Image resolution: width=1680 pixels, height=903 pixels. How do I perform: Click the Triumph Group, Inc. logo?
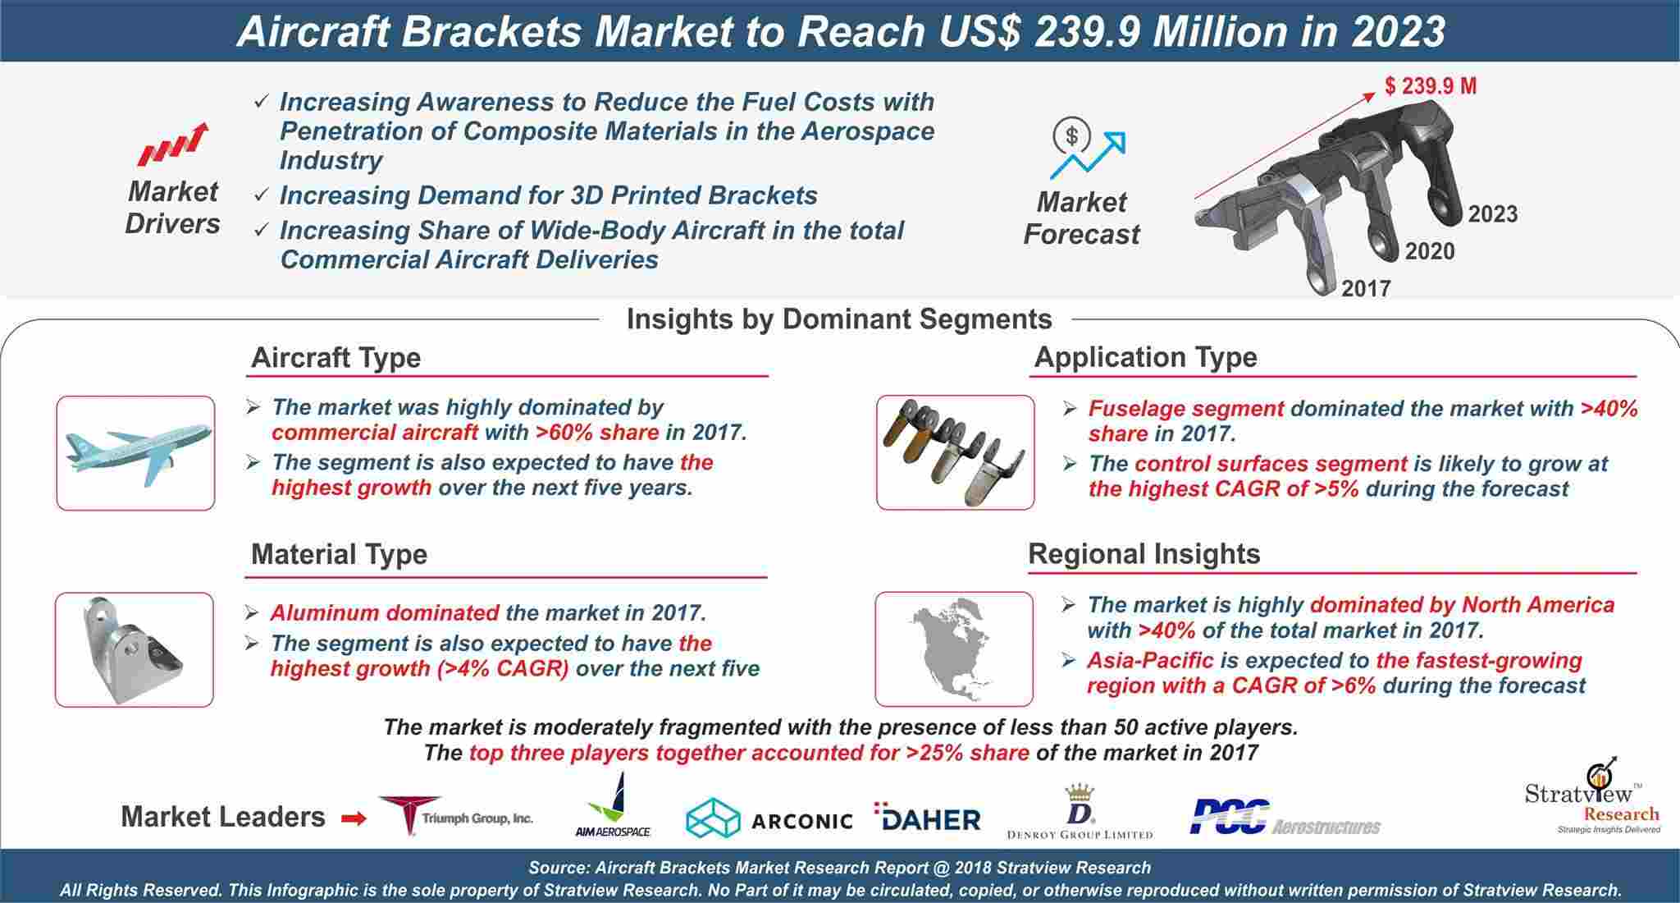(455, 815)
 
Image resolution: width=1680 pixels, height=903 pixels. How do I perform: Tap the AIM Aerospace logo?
(613, 804)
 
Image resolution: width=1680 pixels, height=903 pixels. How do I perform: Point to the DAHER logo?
(928, 818)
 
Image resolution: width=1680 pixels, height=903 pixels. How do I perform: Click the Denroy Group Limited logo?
(1080, 812)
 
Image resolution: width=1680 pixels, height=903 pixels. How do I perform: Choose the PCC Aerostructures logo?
(1285, 818)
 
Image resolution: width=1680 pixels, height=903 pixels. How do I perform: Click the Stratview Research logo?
(1592, 796)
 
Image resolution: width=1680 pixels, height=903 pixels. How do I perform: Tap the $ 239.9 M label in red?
(1431, 85)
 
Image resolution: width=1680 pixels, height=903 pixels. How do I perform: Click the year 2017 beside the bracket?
(1366, 288)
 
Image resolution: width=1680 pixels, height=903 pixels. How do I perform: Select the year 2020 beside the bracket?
(1430, 251)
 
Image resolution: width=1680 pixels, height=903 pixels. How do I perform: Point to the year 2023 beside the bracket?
(1493, 214)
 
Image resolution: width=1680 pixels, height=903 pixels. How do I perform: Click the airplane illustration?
(137, 452)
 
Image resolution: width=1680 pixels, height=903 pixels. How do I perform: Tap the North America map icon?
(954, 648)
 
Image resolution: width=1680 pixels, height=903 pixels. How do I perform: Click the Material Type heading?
(339, 554)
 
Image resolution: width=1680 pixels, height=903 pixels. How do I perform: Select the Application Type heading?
(1145, 357)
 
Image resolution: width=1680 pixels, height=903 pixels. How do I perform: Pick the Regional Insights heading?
(1144, 554)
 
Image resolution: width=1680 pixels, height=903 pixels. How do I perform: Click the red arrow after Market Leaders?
(354, 818)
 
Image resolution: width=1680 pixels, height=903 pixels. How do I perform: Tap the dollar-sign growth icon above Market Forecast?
(1088, 149)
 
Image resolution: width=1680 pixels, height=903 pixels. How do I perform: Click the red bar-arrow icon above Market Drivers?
(172, 144)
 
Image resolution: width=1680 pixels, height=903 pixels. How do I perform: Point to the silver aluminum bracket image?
(133, 649)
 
